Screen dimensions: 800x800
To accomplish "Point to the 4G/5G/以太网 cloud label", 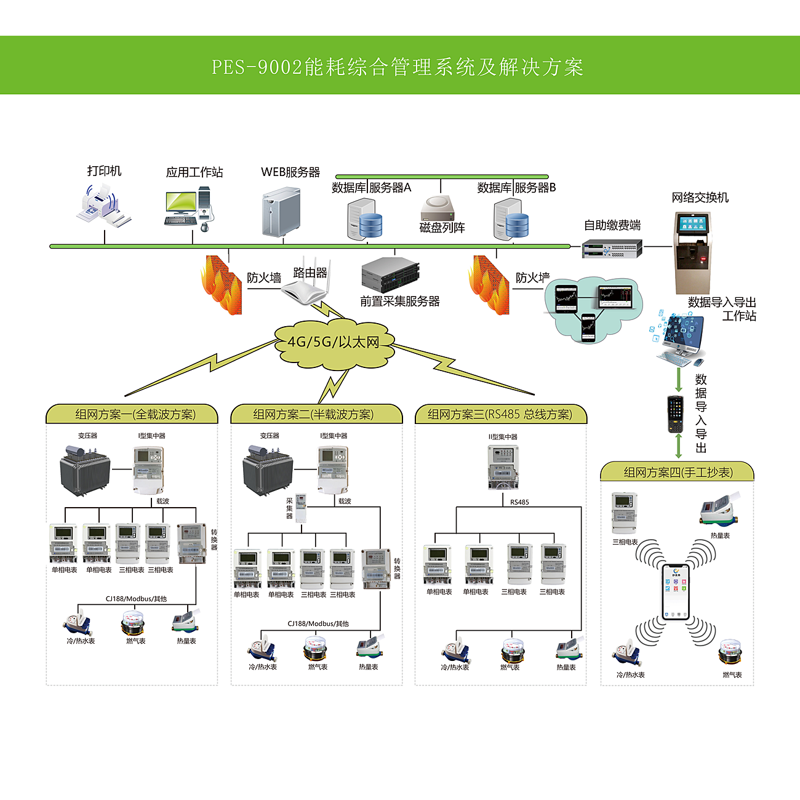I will pos(333,342).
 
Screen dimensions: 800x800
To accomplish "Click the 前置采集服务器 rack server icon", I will pos(390,274).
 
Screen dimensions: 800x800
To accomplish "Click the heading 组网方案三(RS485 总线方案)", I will pos(500,415).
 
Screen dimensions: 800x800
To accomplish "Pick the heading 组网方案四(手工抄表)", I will pos(678,473).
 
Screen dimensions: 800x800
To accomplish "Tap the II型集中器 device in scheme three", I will pos(503,467).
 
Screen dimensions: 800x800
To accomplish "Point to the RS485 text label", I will pos(519,502).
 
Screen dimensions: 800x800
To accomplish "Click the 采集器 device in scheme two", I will pos(301,508).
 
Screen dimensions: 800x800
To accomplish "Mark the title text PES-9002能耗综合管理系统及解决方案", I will pos(398,66).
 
